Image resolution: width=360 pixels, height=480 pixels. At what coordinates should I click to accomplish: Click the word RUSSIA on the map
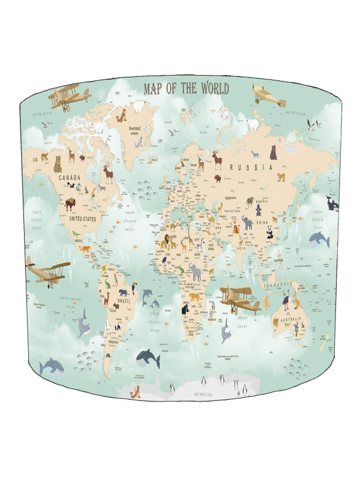pos(255,167)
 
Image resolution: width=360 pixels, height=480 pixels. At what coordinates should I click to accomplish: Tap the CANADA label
pos(70,178)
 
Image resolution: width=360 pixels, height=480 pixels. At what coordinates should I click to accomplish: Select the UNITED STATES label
pos(83,219)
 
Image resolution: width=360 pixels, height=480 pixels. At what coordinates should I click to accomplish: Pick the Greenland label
pos(139,127)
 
